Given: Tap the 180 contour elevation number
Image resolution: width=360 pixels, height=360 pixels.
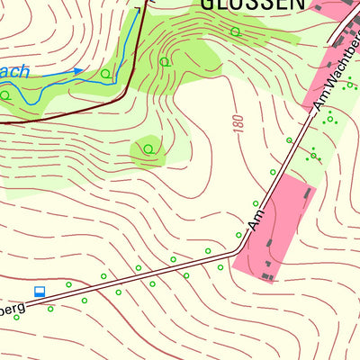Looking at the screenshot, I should pyautogui.click(x=238, y=123).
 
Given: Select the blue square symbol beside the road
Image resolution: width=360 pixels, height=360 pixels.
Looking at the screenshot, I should pyautogui.click(x=40, y=291).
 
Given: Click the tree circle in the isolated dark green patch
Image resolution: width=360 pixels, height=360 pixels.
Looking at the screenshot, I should pyautogui.click(x=148, y=148).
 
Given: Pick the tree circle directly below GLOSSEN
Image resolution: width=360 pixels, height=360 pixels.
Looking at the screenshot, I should pyautogui.click(x=235, y=31).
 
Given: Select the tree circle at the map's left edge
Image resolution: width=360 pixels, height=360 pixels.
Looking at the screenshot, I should pyautogui.click(x=4, y=94).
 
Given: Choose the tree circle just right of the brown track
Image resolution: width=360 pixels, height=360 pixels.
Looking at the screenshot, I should pyautogui.click(x=165, y=61).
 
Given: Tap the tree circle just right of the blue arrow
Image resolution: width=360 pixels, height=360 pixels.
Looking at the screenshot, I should pyautogui.click(x=105, y=74).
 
